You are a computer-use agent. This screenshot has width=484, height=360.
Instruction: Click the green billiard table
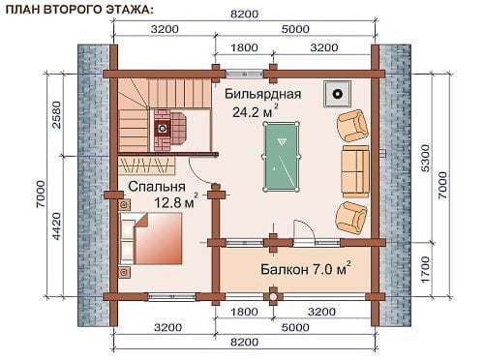282,157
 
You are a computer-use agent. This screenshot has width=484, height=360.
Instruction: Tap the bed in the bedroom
151,238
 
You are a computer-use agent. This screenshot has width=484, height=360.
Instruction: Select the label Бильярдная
262,94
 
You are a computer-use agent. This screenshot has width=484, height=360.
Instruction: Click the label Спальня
157,187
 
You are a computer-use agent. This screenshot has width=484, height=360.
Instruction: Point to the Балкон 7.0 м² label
306,269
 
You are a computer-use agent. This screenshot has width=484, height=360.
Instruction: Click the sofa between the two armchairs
355,171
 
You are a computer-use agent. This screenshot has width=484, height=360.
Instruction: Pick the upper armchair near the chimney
352,125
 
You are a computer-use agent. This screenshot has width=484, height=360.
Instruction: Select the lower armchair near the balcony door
351,218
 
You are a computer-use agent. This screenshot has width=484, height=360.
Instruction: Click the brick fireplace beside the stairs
170,130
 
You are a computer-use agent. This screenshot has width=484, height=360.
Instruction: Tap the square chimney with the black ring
338,94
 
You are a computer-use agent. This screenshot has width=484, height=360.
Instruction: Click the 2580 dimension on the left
57,115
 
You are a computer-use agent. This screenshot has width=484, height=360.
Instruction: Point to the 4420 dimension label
57,225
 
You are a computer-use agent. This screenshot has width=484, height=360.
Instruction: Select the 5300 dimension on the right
426,158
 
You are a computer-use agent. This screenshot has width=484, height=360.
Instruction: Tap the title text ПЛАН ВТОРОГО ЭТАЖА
79,10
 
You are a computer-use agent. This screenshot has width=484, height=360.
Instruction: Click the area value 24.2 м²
256,110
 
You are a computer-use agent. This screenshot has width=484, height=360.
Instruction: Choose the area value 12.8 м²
176,201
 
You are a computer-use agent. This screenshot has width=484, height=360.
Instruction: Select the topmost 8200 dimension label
245,15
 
